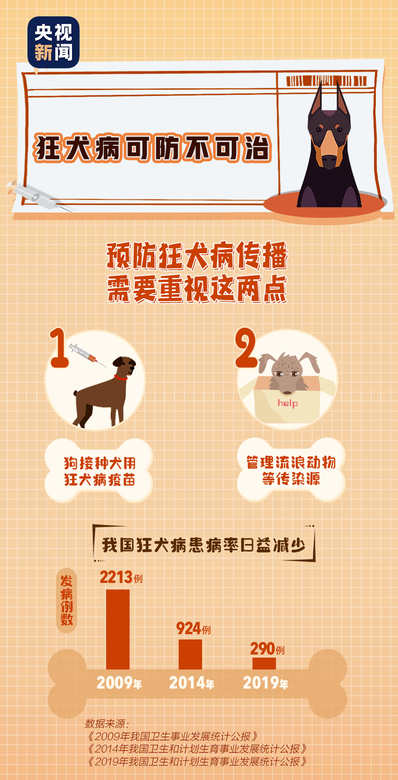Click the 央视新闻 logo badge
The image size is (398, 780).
coord(54,42)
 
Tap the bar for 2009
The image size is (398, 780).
coord(118,629)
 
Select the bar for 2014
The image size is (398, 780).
coord(190,654)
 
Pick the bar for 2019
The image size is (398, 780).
coord(264,663)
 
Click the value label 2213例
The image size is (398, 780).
coord(121,577)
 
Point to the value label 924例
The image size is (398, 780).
coord(193,628)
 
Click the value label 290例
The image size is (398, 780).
coord(267,649)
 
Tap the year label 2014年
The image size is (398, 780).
coord(191,683)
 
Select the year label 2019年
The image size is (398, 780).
coord(265,683)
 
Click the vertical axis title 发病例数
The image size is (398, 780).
coord(67,600)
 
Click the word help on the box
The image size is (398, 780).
coord(287,403)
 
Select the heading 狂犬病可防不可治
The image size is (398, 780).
coord(153,148)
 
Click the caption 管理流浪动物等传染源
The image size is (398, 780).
coord(291,470)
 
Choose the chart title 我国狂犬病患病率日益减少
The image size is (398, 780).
coord(204,545)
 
